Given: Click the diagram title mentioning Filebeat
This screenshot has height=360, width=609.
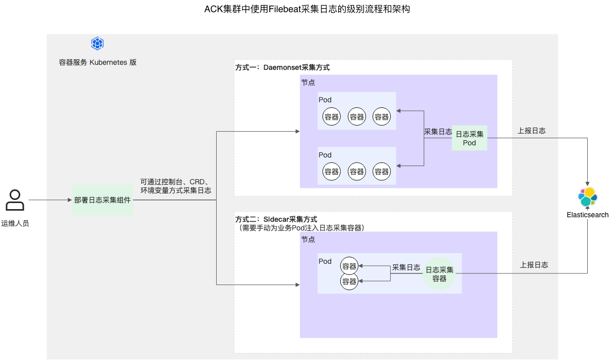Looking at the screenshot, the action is (307, 9).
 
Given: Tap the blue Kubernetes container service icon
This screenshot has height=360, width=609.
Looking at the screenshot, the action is (97, 44).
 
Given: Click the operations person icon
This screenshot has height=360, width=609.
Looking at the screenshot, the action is (15, 200).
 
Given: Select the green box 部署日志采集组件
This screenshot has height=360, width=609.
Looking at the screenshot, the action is (102, 200).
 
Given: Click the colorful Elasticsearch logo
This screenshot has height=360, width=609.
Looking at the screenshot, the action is (588, 197).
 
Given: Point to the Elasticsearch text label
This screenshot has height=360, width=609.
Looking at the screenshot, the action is (588, 215).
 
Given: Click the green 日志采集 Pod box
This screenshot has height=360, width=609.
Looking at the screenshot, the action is (469, 138).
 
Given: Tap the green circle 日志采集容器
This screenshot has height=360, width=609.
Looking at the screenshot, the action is (439, 273).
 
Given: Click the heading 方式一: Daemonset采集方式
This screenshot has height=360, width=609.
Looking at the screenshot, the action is (282, 67).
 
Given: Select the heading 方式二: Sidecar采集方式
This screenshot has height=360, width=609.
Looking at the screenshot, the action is (276, 219).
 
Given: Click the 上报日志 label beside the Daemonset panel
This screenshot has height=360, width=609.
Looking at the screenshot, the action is (531, 131).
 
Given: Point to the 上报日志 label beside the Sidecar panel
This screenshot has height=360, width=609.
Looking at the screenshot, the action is (534, 265).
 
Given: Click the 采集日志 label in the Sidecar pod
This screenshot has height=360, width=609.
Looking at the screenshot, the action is (406, 267).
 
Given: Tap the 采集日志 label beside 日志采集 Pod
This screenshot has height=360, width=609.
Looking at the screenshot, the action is (438, 132).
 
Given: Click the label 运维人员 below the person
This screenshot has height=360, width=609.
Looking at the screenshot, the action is (15, 223).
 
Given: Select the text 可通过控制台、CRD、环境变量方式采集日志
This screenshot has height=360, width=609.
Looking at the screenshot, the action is (176, 186).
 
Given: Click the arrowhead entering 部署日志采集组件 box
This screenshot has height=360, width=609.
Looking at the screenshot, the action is (69, 200).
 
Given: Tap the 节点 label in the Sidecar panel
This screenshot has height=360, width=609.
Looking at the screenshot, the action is (308, 239).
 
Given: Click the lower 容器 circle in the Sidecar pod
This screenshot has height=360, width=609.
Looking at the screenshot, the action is (349, 281).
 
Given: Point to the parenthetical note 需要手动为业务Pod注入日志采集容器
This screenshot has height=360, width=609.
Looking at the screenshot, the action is (300, 227).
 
